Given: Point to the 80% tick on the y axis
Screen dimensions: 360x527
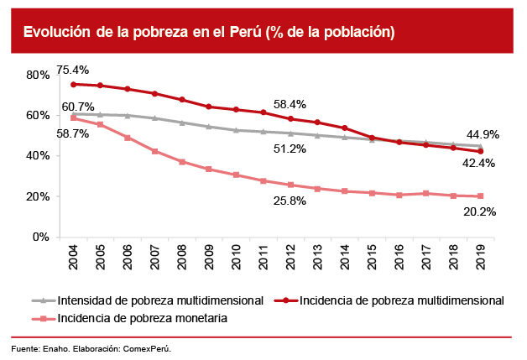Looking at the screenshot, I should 37,75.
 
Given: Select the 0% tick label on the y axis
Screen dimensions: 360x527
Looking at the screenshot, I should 40,237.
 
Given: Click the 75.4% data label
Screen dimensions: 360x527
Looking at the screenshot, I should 73,69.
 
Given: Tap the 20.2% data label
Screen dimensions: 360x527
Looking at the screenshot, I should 480,212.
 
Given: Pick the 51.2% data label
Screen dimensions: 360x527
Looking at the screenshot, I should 290,149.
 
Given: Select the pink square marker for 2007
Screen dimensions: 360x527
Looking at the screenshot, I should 155,151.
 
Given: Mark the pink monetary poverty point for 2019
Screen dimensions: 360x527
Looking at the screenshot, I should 480,196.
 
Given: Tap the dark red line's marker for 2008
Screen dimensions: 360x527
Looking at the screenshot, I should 182,99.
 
